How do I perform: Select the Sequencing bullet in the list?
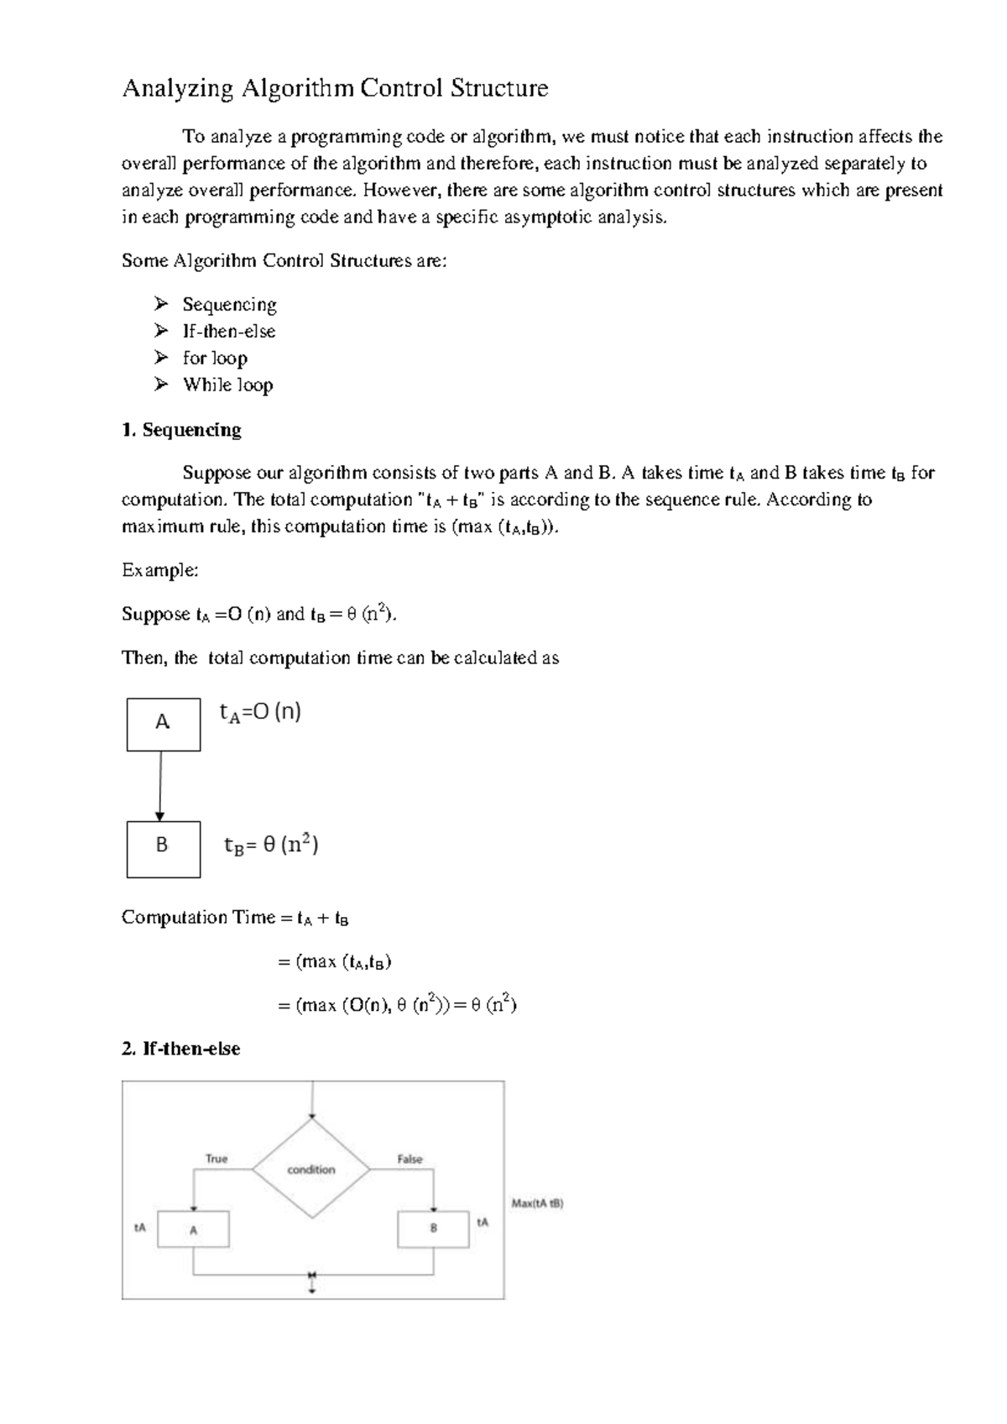click(x=229, y=305)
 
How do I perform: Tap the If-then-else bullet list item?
click(x=228, y=332)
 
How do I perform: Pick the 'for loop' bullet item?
click(x=215, y=359)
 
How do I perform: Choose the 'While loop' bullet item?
click(x=227, y=385)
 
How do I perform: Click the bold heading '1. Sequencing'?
click(x=181, y=430)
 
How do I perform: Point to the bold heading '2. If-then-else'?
click(x=181, y=1049)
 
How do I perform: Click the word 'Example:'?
click(x=160, y=571)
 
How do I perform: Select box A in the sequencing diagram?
click(x=164, y=724)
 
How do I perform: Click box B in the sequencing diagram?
click(x=164, y=849)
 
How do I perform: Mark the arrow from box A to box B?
click(x=160, y=786)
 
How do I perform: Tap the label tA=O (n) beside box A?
click(x=260, y=713)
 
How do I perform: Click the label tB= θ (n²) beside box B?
click(x=271, y=845)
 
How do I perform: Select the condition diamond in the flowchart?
click(x=311, y=1170)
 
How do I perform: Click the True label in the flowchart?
click(x=217, y=1159)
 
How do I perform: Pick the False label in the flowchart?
click(x=410, y=1159)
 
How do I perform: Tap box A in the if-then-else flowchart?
click(x=194, y=1230)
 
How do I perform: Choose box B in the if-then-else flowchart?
click(x=433, y=1228)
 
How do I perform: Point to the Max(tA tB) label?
click(x=537, y=1203)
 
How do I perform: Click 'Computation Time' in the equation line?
click(x=198, y=918)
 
